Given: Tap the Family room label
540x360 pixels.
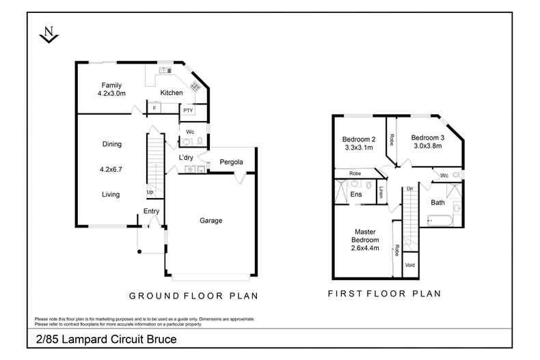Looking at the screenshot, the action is (x=111, y=85).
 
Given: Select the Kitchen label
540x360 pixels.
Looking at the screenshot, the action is (x=172, y=93).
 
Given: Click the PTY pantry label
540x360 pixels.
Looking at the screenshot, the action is (x=188, y=111).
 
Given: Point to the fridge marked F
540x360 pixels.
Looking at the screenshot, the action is (x=154, y=108).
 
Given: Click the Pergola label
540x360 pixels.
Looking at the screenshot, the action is (x=232, y=162).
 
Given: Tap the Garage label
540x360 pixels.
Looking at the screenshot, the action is (x=211, y=220).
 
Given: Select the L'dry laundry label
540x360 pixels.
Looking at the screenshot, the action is (x=186, y=158).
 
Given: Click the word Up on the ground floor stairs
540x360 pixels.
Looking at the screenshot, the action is (x=150, y=193).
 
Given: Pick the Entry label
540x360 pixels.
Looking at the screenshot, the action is (x=151, y=211).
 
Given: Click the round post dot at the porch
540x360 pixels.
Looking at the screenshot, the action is (x=139, y=251).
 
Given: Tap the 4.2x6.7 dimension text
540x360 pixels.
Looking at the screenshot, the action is (x=111, y=169).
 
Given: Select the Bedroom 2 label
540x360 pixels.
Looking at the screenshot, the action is (x=359, y=139).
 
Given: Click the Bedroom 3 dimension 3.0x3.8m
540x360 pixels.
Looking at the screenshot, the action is (x=428, y=146).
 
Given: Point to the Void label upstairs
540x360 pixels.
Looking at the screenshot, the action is (x=410, y=265).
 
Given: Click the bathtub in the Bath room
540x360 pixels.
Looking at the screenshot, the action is (x=440, y=221).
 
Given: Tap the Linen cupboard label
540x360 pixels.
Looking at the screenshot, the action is (x=381, y=192).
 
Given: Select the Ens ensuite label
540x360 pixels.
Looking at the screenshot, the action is (x=355, y=194).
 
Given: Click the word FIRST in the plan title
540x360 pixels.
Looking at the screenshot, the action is (x=345, y=294).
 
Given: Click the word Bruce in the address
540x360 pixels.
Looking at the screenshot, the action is (x=161, y=340).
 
